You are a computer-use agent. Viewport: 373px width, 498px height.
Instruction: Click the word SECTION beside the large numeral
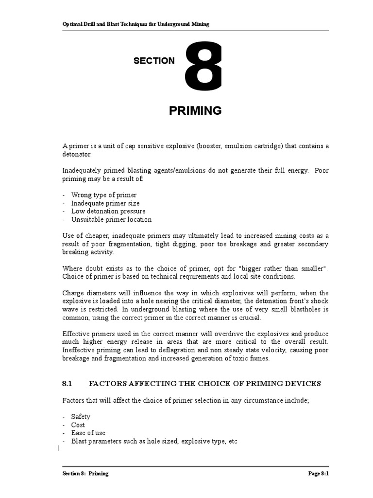(x=154, y=61)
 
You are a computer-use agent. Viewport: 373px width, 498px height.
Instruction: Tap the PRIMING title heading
(x=195, y=111)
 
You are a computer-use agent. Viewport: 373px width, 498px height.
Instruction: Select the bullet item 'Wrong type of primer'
(x=103, y=195)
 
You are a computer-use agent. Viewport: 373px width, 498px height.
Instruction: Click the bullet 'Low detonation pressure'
(x=108, y=212)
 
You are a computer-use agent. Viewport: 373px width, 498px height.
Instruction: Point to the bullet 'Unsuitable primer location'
(x=111, y=219)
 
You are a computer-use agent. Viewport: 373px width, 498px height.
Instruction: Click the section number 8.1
(x=67, y=384)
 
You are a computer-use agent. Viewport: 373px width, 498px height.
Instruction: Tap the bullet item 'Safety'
(x=81, y=417)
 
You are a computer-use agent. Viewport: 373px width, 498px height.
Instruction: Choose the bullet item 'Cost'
(x=78, y=425)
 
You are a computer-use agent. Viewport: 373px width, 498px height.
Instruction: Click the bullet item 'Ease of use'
(x=88, y=433)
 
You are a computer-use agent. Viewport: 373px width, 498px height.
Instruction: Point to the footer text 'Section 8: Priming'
(x=85, y=474)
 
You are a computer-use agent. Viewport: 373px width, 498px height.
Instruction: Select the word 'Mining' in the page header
(x=200, y=24)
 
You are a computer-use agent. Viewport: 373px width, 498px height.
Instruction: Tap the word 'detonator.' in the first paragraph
(x=77, y=154)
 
